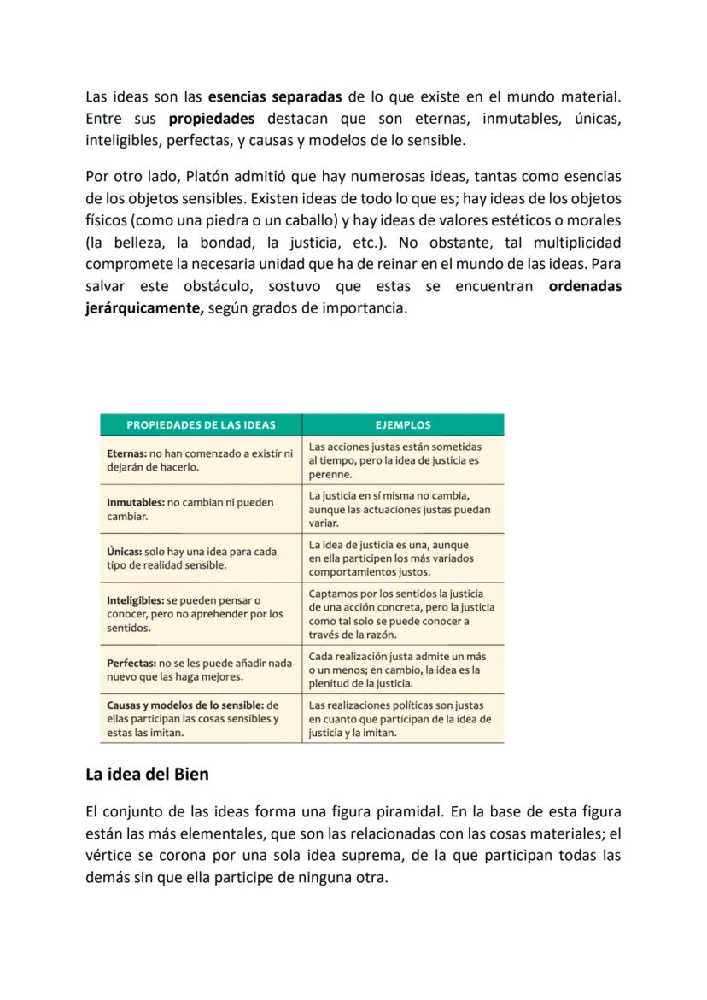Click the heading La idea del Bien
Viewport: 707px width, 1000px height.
147,775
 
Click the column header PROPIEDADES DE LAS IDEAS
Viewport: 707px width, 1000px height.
201,424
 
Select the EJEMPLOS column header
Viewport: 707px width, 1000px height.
403,424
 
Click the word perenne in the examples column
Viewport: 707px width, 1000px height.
330,474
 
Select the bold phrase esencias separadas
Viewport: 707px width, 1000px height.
274,96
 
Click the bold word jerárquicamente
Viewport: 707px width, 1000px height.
144,307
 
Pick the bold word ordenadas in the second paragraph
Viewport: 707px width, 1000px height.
585,286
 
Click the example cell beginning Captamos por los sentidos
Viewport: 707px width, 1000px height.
401,614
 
